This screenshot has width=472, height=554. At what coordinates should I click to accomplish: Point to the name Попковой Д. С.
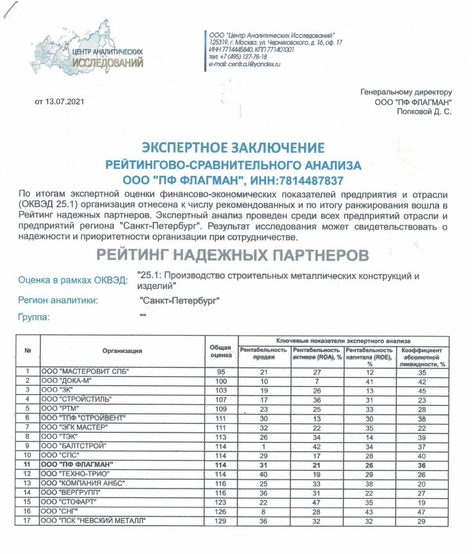tap(424, 112)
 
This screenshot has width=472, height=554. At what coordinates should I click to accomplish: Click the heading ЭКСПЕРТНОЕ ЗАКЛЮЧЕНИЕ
tap(233, 148)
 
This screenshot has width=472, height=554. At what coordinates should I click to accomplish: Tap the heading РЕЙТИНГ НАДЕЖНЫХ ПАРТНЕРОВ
tap(233, 255)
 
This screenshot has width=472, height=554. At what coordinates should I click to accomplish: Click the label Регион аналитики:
tap(58, 300)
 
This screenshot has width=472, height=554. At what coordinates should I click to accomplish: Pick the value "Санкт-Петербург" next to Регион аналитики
tap(179, 301)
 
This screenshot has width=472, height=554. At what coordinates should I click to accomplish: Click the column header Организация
tap(122, 351)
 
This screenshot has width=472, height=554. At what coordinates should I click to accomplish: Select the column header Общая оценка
tap(221, 351)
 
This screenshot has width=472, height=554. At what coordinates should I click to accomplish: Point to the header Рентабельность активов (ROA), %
tap(317, 354)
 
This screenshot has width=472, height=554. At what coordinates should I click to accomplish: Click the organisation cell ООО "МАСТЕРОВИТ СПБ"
tap(85, 372)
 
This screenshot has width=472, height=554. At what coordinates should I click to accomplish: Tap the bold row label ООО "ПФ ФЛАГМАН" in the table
tap(77, 465)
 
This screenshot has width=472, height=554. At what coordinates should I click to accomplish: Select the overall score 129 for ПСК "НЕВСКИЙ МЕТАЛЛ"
tap(221, 521)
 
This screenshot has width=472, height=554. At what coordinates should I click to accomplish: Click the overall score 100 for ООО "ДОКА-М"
tap(221, 381)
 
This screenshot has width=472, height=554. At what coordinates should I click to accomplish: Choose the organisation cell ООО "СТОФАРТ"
tap(69, 502)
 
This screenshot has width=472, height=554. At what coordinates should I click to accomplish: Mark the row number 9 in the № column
tap(27, 446)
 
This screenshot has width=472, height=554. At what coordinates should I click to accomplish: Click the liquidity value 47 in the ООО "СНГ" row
tap(421, 512)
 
